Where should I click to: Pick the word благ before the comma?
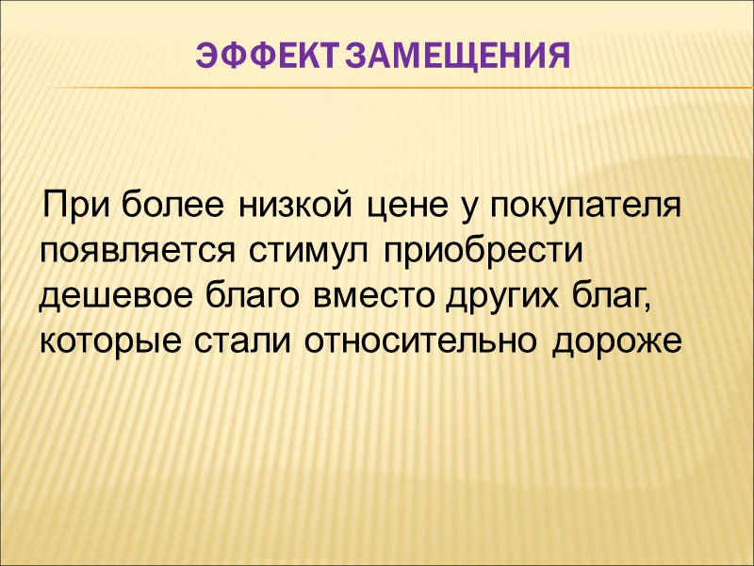[601, 296]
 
